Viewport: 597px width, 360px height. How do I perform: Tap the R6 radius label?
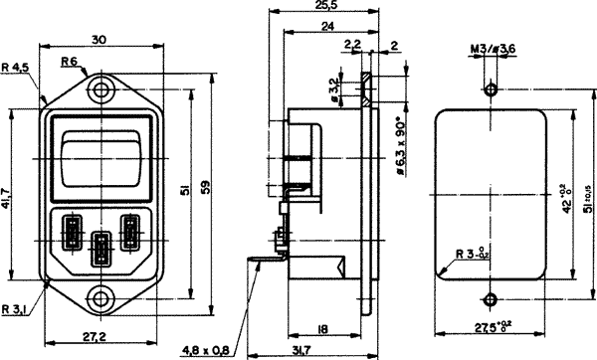click(x=71, y=62)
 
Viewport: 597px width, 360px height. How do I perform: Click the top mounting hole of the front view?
click(x=100, y=89)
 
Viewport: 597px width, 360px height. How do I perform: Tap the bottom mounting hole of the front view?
click(x=100, y=296)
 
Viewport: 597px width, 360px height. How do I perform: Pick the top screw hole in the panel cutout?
click(x=491, y=89)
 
